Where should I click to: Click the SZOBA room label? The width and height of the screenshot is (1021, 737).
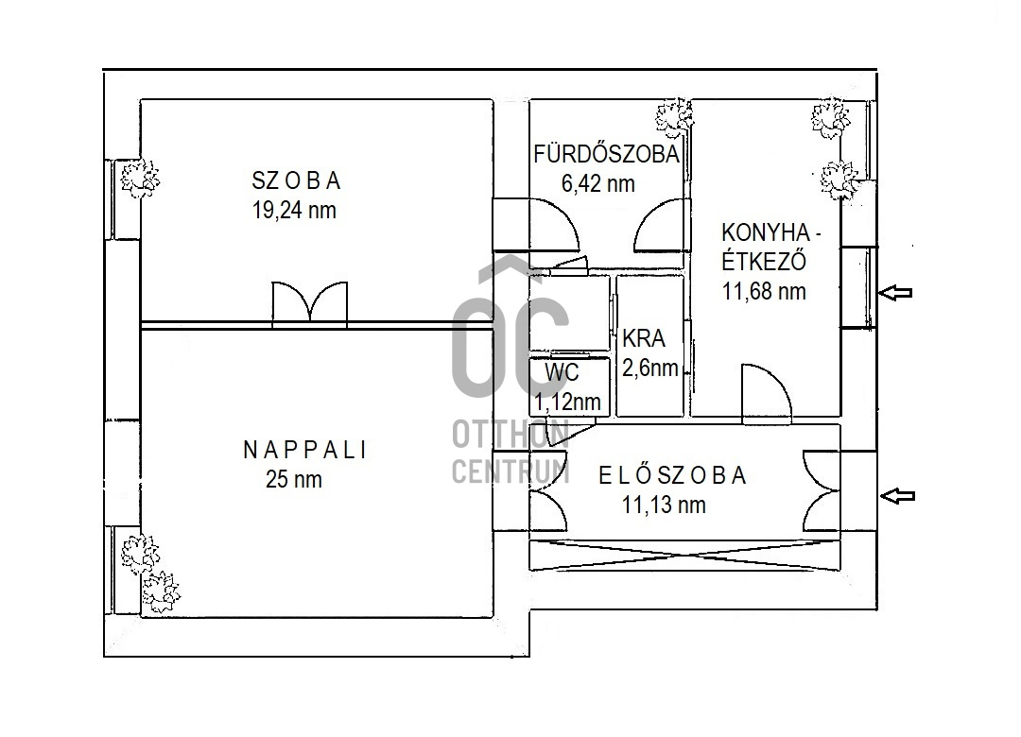tap(296, 180)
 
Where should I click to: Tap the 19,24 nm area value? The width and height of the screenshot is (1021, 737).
tap(294, 211)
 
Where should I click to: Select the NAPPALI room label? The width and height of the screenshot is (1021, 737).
tap(304, 450)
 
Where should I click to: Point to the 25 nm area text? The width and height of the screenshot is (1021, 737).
tap(294, 480)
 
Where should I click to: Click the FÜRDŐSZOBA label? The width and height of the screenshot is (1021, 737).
tap(606, 154)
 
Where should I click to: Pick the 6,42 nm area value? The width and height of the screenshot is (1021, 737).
tap(598, 183)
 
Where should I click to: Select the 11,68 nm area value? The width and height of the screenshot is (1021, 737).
tap(764, 291)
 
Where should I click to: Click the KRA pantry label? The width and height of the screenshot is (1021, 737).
tap(644, 338)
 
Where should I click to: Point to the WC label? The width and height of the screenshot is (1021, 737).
tap(562, 373)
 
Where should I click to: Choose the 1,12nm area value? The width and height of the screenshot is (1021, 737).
tap(567, 402)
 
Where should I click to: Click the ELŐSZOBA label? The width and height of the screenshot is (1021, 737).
tap(672, 475)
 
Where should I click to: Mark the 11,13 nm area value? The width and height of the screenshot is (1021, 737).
tap(664, 505)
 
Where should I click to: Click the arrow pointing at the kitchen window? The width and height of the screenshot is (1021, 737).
tap(895, 292)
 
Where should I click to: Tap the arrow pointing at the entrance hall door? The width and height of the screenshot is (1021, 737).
tap(897, 496)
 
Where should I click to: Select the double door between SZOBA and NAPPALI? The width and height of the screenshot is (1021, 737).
tap(310, 303)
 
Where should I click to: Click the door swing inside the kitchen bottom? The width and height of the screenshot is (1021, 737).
tap(767, 390)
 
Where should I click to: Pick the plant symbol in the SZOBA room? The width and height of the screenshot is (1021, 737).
tap(139, 179)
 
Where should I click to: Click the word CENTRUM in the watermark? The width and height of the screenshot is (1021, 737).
tap(511, 471)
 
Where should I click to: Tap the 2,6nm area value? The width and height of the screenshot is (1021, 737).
tap(649, 368)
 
